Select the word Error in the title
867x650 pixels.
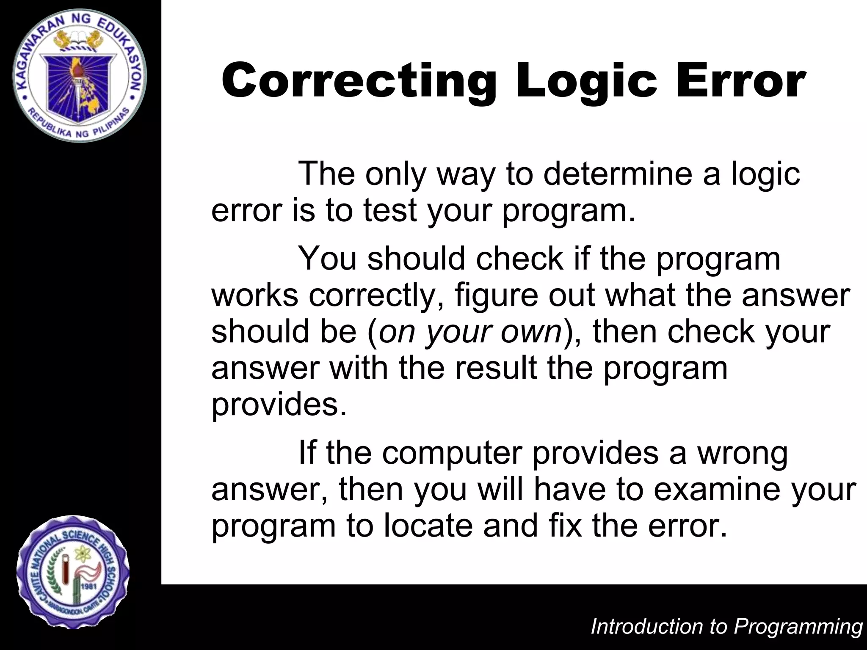pos(741,80)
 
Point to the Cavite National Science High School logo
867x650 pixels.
pos(73,572)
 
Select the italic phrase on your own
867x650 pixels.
pos(470,332)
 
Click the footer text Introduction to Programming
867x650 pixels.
pos(726,626)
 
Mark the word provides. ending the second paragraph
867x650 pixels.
pos(279,404)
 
